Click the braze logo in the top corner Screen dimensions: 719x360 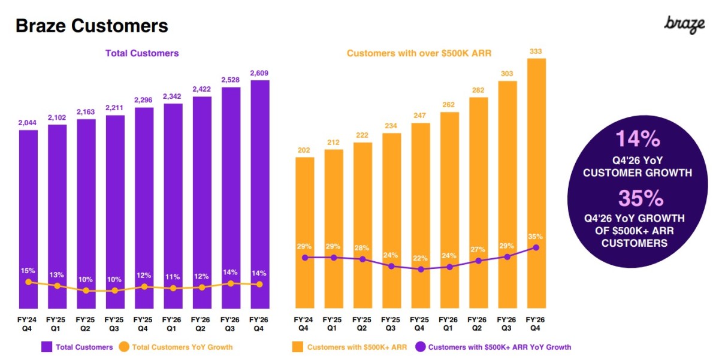684,25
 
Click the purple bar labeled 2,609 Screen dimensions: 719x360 260,195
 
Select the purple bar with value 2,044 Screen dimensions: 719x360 28,219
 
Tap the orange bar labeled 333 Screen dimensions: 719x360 536,183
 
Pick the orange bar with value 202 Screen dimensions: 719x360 304,233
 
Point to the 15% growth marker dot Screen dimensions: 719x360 29,282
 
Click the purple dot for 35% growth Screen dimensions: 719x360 536,248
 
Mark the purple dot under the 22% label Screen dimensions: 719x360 421,270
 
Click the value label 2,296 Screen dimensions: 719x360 143,100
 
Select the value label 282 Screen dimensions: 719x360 478,90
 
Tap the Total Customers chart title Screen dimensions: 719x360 142,53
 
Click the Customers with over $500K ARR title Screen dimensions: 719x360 419,53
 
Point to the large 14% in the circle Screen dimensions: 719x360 638,139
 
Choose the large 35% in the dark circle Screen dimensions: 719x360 641,198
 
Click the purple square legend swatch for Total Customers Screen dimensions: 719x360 47,347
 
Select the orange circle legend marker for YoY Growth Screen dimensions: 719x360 124,347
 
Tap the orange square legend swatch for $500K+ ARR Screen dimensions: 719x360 298,347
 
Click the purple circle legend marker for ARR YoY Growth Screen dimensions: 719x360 421,347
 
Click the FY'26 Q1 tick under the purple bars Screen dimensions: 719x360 171,324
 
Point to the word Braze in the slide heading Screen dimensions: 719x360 41,26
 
